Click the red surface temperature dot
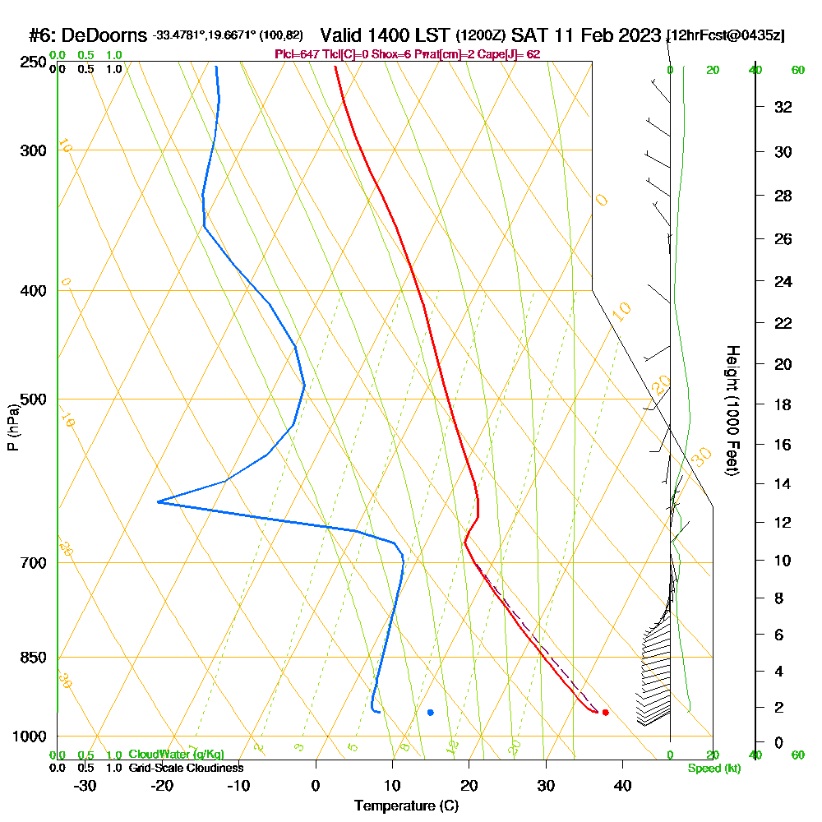[605, 712]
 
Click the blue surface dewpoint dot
[430, 712]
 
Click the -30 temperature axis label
[85, 786]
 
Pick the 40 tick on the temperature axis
[622, 786]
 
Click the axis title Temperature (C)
[406, 806]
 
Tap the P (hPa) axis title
[13, 427]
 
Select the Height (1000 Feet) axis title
[731, 410]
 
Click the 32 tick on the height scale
[783, 107]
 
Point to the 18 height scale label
[783, 404]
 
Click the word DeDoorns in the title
[104, 35]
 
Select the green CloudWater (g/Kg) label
[176, 754]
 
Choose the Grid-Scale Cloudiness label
[186, 768]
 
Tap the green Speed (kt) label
[713, 768]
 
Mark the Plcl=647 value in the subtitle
[298, 54]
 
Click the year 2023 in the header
[634, 35]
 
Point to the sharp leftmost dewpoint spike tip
[158, 501]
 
